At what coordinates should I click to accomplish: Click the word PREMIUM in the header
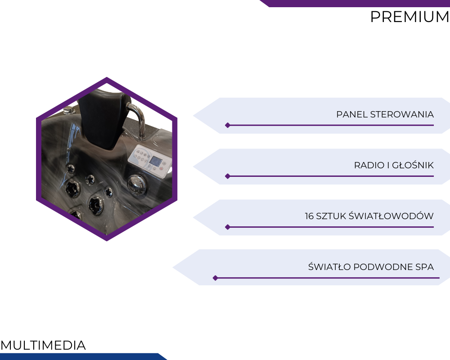pyautogui.click(x=409, y=17)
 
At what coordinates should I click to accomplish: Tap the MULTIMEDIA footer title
pyautogui.click(x=43, y=345)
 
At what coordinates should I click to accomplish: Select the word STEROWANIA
pyautogui.click(x=402, y=114)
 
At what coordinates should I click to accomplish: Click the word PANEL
pyautogui.click(x=352, y=114)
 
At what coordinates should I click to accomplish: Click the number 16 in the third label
pyautogui.click(x=309, y=216)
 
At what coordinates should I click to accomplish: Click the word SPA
pyautogui.click(x=424, y=267)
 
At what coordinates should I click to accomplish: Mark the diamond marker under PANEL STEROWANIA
pyautogui.click(x=228, y=125)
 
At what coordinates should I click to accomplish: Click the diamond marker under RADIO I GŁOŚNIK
pyautogui.click(x=228, y=176)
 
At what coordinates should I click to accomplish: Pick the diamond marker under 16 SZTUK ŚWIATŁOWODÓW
pyautogui.click(x=228, y=227)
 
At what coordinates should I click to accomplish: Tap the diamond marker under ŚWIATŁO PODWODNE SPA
pyautogui.click(x=215, y=278)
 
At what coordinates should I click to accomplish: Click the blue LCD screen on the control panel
pyautogui.click(x=156, y=162)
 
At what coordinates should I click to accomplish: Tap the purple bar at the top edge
pyautogui.click(x=355, y=4)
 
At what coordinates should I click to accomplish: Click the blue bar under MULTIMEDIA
pyautogui.click(x=83, y=356)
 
